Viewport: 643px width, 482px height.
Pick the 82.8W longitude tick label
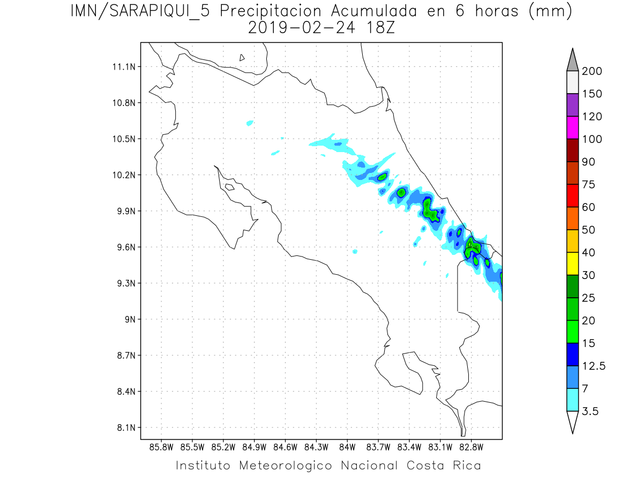(471, 446)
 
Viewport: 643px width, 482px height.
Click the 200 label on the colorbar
(592, 71)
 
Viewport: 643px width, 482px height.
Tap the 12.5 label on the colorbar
(594, 366)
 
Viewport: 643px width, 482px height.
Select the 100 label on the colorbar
(592, 139)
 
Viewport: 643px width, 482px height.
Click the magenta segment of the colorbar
(572, 127)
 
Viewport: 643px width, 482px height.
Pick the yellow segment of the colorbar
(572, 263)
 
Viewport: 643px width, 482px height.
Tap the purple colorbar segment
(572, 105)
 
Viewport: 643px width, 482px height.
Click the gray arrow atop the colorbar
(572, 59)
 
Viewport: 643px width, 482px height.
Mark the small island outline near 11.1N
(242, 57)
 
